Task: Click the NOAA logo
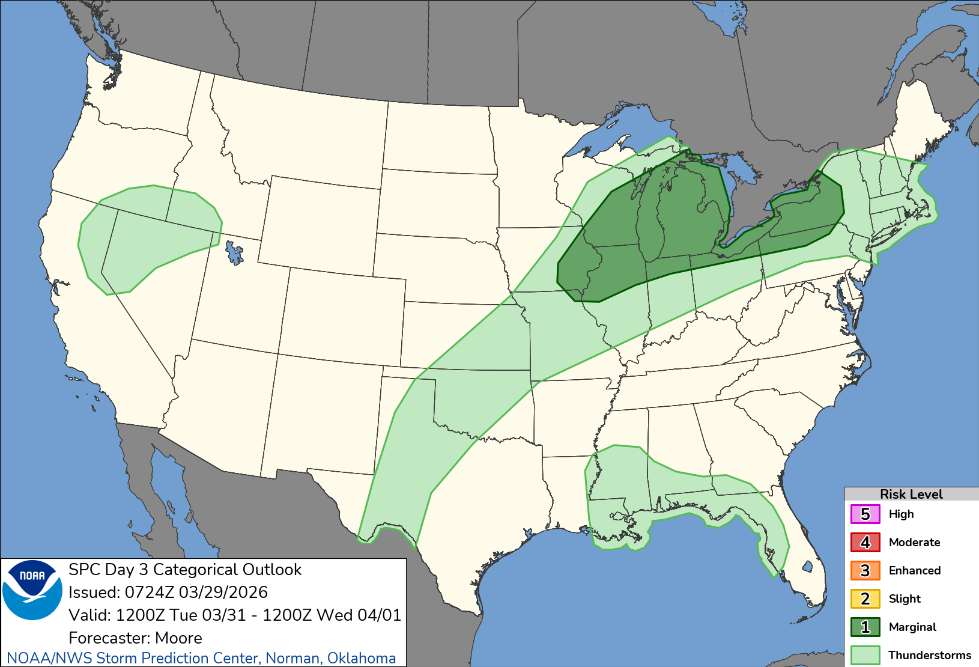(32, 589)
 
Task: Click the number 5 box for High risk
(865, 514)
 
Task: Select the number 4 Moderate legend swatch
(865, 543)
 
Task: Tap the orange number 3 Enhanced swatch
(865, 571)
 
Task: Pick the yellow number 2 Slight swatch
(865, 599)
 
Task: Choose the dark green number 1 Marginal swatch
(865, 627)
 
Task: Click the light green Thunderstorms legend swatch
(865, 655)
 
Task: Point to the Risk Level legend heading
(911, 494)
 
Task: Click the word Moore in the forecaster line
(178, 638)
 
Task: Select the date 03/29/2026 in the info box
(223, 592)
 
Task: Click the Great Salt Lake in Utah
(234, 254)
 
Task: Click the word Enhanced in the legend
(914, 571)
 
